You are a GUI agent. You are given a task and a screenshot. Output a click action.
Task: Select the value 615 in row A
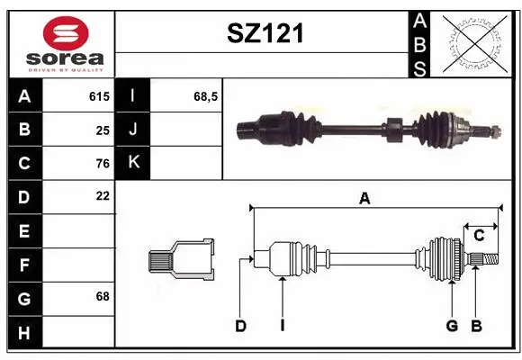(x=99, y=95)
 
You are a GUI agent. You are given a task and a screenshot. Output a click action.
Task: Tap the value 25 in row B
(x=102, y=130)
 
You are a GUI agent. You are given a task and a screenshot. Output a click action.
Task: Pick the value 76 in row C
(x=102, y=163)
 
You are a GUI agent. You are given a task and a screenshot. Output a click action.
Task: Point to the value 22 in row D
(x=102, y=196)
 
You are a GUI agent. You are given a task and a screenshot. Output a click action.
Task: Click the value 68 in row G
(x=102, y=296)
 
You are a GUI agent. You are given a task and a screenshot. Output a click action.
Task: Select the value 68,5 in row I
(x=207, y=95)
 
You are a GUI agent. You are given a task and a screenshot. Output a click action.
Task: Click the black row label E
(x=23, y=230)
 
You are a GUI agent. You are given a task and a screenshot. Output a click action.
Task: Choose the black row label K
(x=134, y=163)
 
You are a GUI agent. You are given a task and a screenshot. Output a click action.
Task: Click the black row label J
(x=134, y=130)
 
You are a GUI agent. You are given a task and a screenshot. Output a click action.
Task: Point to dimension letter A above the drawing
(x=364, y=199)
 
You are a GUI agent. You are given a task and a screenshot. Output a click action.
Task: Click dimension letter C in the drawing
(x=480, y=235)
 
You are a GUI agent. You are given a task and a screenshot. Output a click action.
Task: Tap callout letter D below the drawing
(x=240, y=326)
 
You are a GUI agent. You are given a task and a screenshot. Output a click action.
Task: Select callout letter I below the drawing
(x=282, y=326)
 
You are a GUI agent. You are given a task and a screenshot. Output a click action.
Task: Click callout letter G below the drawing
(x=452, y=326)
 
